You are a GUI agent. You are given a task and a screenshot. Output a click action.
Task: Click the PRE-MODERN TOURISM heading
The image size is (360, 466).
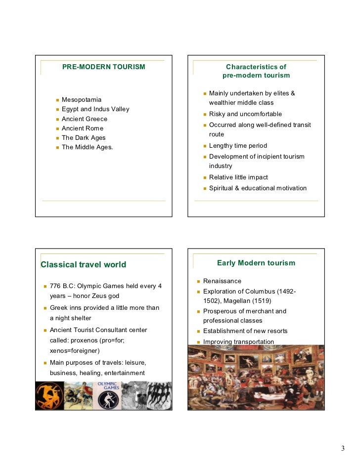103,67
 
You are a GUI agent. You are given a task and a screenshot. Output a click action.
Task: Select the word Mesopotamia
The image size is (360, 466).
82,100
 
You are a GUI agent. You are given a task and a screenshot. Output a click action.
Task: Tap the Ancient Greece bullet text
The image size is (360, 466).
85,119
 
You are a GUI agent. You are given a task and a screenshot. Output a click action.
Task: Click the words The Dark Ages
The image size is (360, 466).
84,138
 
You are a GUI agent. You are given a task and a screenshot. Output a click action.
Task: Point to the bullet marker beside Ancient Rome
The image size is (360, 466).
57,128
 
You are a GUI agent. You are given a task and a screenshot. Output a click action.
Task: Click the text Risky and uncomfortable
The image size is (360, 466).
245,114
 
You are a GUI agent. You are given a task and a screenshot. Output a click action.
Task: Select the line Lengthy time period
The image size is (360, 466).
238,146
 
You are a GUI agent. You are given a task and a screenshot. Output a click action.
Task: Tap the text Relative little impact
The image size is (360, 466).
238,177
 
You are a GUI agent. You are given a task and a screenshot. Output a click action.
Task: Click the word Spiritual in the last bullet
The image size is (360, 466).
222,188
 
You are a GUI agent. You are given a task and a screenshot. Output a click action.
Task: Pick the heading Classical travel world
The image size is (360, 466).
84,264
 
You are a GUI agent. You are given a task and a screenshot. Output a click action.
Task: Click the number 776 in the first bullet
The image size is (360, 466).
55,286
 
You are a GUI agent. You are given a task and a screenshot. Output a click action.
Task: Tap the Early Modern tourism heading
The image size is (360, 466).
256,263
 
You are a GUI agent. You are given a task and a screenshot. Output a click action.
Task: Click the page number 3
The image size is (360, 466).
342,448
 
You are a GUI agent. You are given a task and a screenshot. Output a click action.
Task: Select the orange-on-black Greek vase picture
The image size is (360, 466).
48,396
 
